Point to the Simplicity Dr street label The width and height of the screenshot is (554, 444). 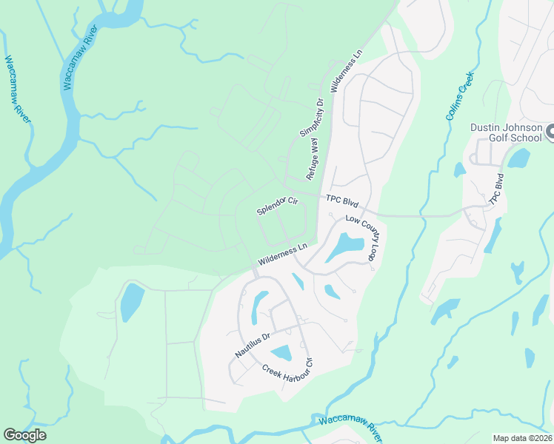(x=313, y=118)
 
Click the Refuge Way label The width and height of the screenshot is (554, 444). (x=314, y=159)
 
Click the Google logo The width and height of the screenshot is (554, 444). (x=24, y=435)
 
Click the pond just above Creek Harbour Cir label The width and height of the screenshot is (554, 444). (x=281, y=354)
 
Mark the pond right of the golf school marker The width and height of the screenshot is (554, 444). (x=519, y=158)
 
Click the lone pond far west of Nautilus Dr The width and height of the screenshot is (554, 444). (x=131, y=302)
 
